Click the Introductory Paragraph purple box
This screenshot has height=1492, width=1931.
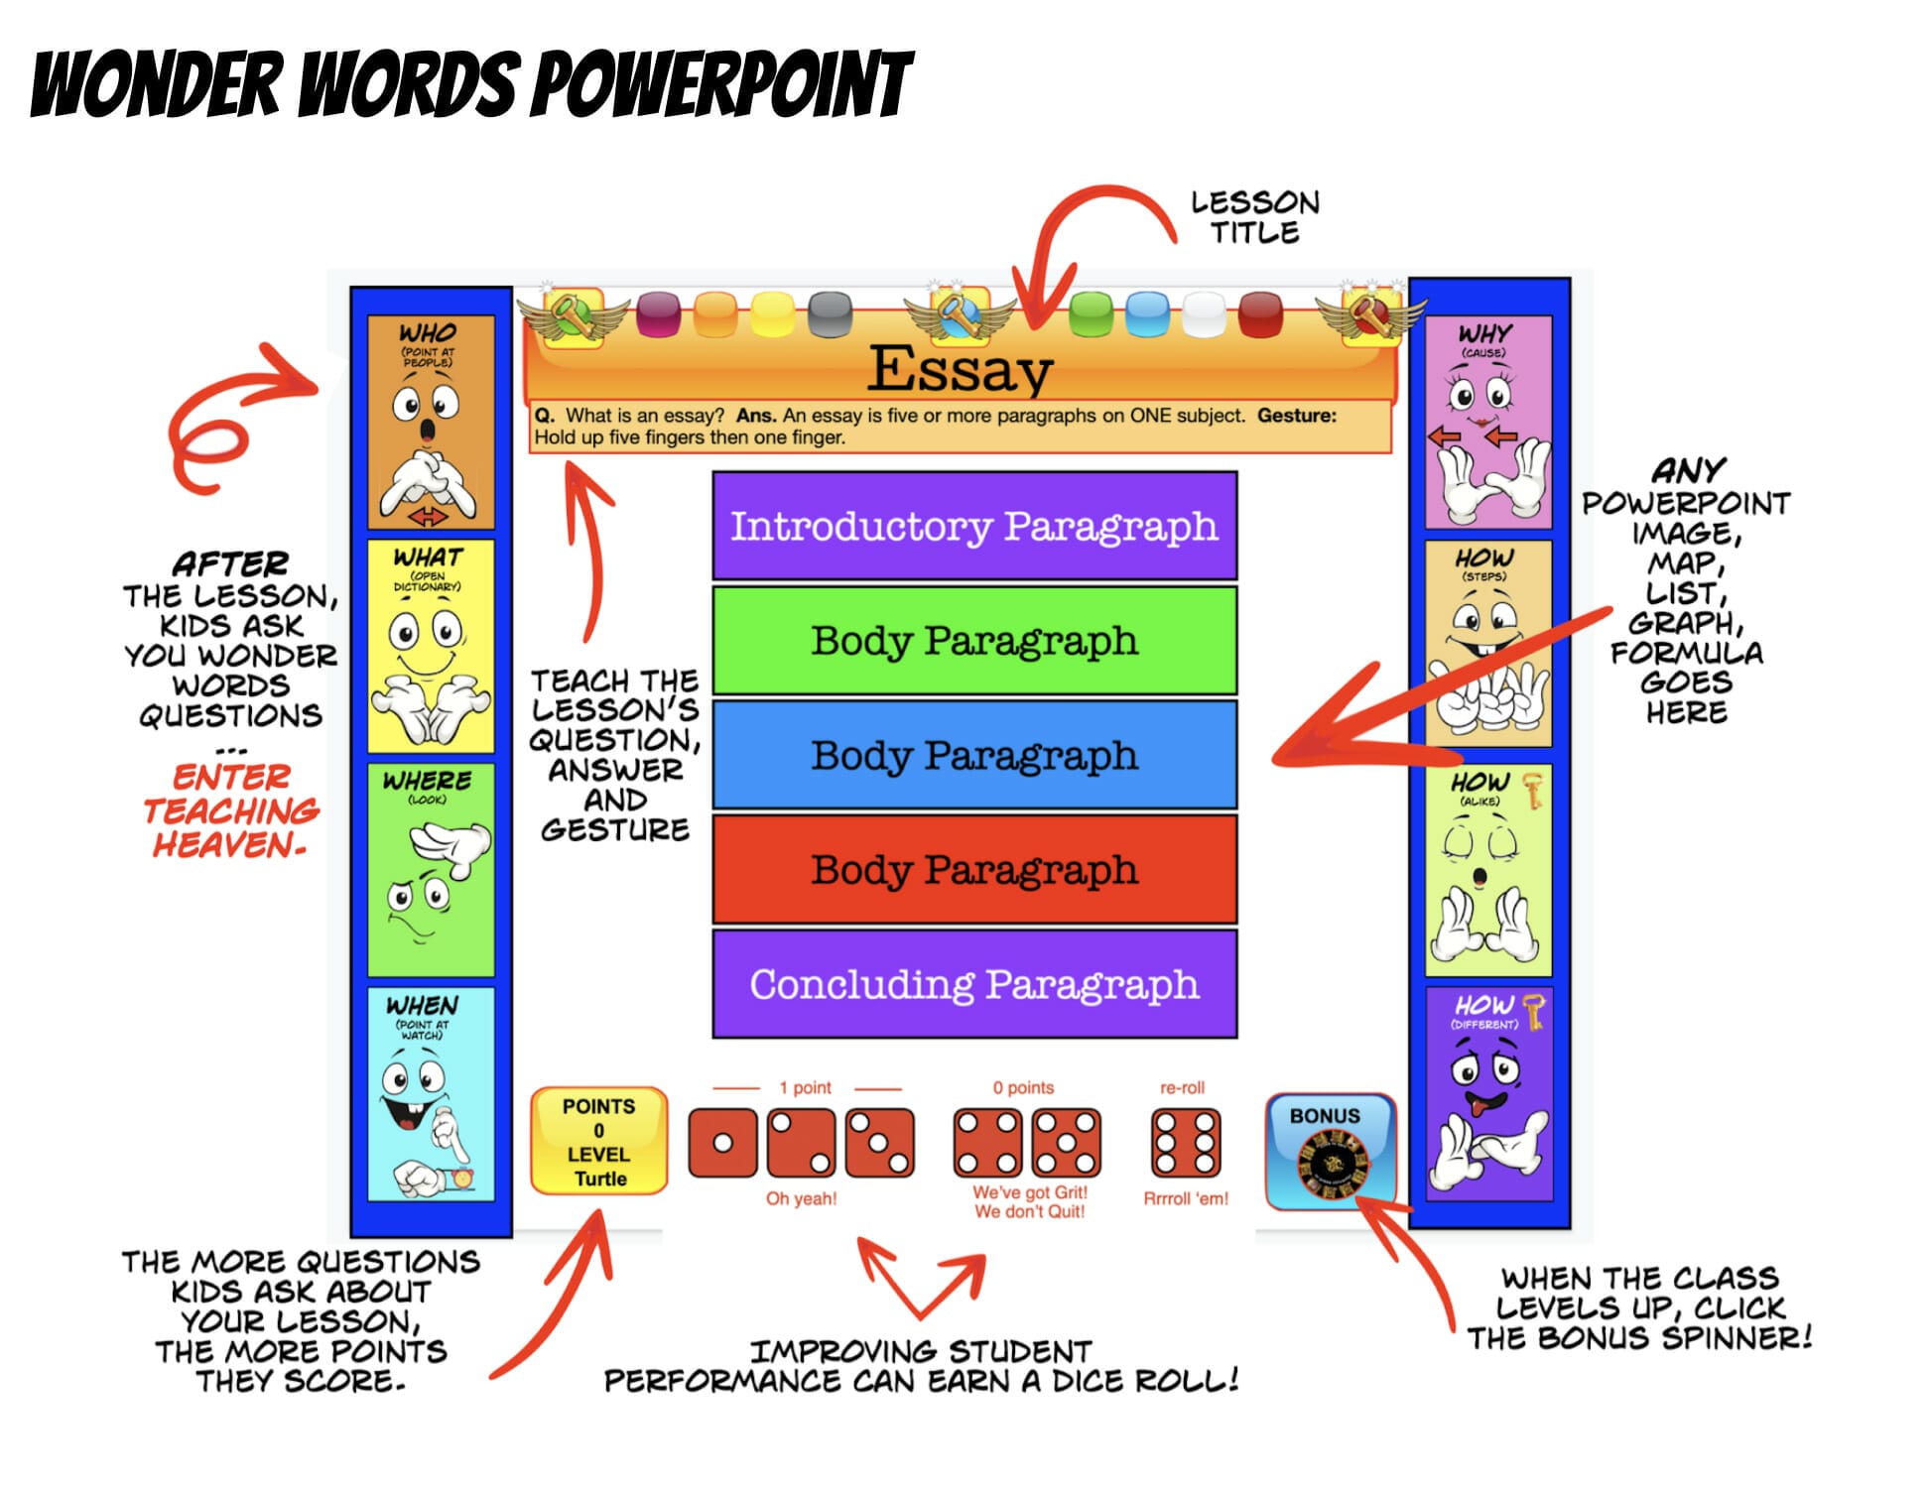click(974, 526)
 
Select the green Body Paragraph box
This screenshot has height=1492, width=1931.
click(974, 640)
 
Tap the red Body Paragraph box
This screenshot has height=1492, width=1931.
click(974, 870)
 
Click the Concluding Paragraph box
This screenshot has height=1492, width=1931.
click(974, 984)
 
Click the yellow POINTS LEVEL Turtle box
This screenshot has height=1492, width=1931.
click(598, 1141)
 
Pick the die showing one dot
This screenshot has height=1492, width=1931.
click(722, 1143)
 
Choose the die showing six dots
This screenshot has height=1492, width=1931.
click(1185, 1143)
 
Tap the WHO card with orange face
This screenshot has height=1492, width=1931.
click(431, 422)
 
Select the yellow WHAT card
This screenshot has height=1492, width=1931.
click(431, 646)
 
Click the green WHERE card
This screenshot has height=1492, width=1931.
click(431, 870)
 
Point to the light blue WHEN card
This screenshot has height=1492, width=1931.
click(431, 1093)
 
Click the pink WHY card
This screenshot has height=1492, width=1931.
click(1487, 422)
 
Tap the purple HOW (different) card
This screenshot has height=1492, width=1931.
click(1487, 1093)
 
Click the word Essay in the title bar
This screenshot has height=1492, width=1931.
click(960, 369)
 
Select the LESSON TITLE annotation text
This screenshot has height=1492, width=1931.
click(1254, 217)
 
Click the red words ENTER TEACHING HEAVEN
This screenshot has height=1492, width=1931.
click(230, 810)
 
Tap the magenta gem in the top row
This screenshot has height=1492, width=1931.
click(657, 313)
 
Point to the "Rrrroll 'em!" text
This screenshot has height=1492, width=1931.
click(1185, 1198)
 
